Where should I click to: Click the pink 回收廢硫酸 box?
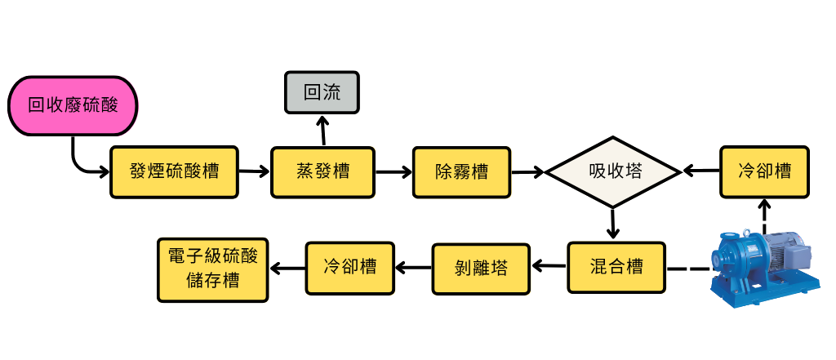pos(73,105)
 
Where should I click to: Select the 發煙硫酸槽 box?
pos(174,171)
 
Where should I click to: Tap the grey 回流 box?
pos(322,92)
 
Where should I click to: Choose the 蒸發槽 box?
pos(322,171)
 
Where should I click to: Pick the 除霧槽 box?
pos(461,171)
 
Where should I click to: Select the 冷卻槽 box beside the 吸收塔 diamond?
pos(764,171)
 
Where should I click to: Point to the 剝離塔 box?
pos(481,267)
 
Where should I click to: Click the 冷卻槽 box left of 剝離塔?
pos(349,267)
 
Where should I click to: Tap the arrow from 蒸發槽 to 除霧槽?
pos(394,171)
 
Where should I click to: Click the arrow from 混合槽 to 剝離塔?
pos(549,267)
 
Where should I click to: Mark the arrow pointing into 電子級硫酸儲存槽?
pos(286,267)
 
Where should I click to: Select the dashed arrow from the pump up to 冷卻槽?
pos(764,214)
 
